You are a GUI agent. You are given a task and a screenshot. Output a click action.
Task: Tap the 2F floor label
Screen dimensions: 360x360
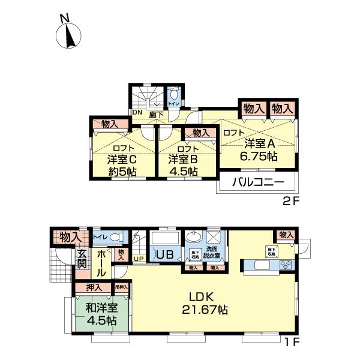point(290,201)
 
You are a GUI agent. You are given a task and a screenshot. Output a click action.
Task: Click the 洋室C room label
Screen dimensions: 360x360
point(123,160)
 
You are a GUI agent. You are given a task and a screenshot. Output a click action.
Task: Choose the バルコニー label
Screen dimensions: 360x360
point(257,182)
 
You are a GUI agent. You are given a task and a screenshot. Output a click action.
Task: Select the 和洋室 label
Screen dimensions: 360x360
point(100,308)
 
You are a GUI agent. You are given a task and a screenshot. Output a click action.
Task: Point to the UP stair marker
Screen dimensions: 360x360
point(139,259)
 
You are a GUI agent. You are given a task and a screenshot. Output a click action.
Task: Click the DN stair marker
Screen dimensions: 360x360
point(137,112)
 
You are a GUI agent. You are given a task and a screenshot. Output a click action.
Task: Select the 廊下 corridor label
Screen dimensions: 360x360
point(156,112)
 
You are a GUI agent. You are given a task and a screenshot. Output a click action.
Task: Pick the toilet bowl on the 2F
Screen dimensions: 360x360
point(174,94)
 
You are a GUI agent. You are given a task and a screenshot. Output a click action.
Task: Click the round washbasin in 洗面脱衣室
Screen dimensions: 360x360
point(195,236)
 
